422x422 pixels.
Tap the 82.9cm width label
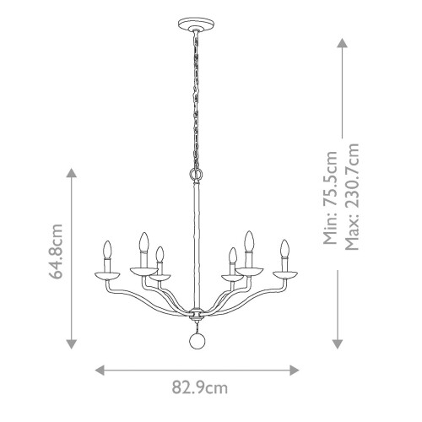point(200,388)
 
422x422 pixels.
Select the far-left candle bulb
point(107,252)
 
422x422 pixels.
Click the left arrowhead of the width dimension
point(98,370)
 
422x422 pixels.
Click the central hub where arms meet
point(195,314)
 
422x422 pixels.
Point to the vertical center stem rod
point(195,245)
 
